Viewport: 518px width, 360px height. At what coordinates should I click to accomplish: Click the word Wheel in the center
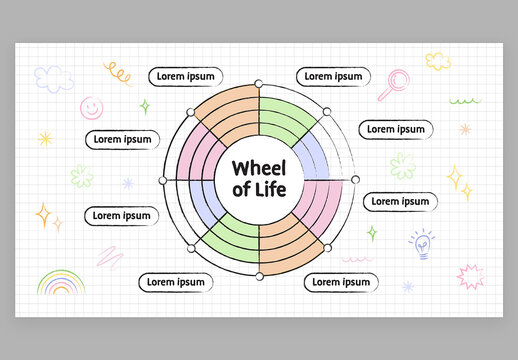pos(259,167)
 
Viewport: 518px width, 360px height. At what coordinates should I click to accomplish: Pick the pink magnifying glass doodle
pos(395,82)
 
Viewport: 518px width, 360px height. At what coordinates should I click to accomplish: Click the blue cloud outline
pos(54,78)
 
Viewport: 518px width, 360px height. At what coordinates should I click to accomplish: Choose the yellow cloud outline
pos(437,61)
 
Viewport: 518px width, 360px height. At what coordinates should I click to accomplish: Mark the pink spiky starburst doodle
pos(469,275)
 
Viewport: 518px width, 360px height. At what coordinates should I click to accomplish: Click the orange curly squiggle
pos(119,73)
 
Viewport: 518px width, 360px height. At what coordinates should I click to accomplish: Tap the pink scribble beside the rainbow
pos(108,256)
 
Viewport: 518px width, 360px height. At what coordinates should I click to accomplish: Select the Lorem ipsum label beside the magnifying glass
pos(333,76)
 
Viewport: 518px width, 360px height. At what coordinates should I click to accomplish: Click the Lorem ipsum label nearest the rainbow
pos(175,282)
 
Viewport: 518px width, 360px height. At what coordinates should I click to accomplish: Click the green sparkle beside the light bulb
pos(372,233)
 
